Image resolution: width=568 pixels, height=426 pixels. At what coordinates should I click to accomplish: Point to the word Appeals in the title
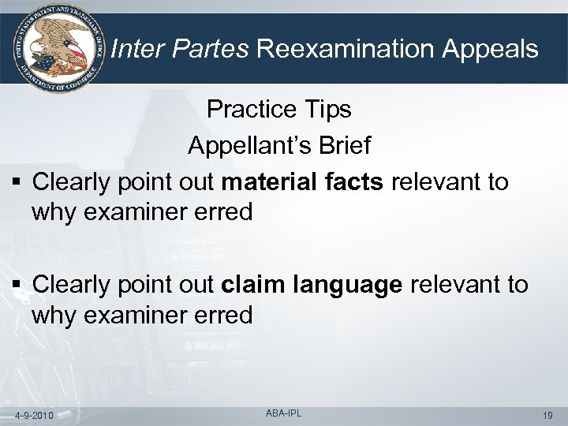point(489,50)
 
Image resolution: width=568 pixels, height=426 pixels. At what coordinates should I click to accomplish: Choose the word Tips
point(325,110)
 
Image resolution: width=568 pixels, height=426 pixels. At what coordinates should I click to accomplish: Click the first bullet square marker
point(17,183)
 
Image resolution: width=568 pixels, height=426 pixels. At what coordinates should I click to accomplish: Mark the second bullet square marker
point(17,286)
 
